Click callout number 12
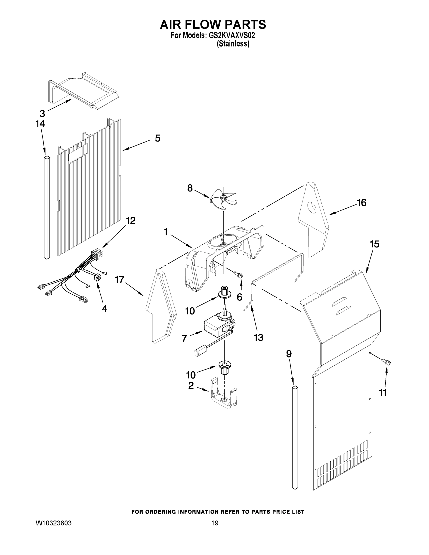(x=131, y=221)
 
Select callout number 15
(x=374, y=244)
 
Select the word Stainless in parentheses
(x=233, y=44)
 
